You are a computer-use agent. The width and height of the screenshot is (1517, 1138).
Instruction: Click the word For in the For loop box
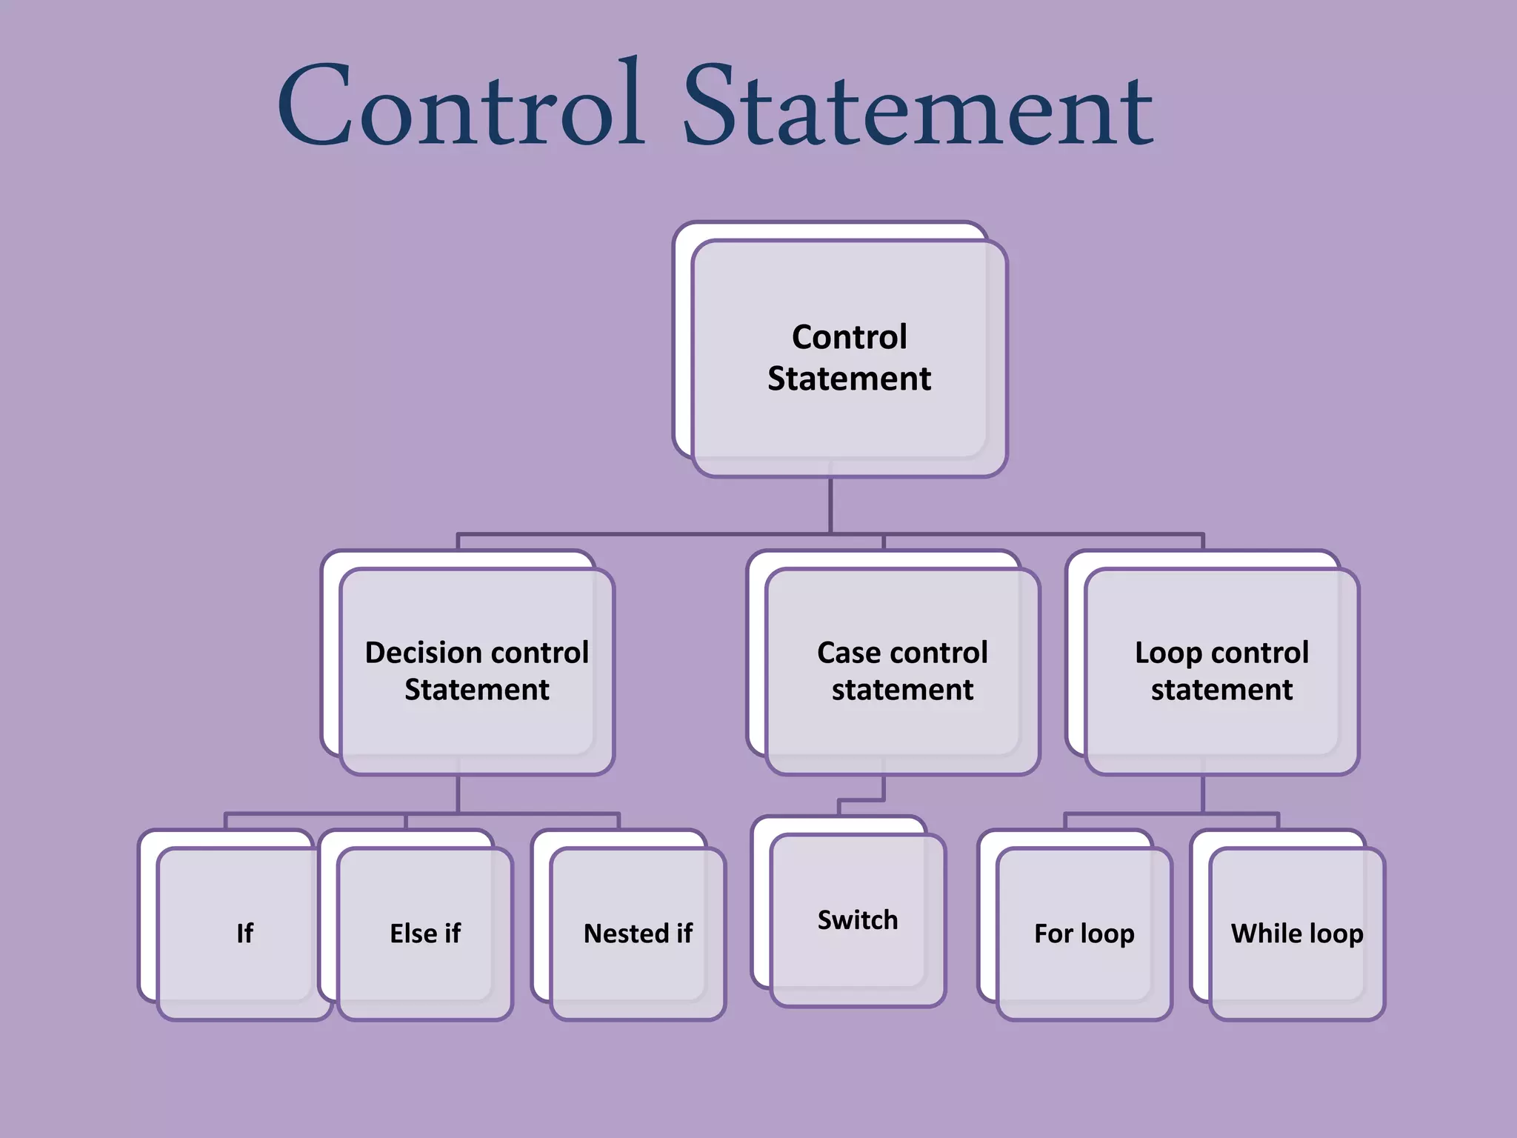tap(1052, 934)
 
